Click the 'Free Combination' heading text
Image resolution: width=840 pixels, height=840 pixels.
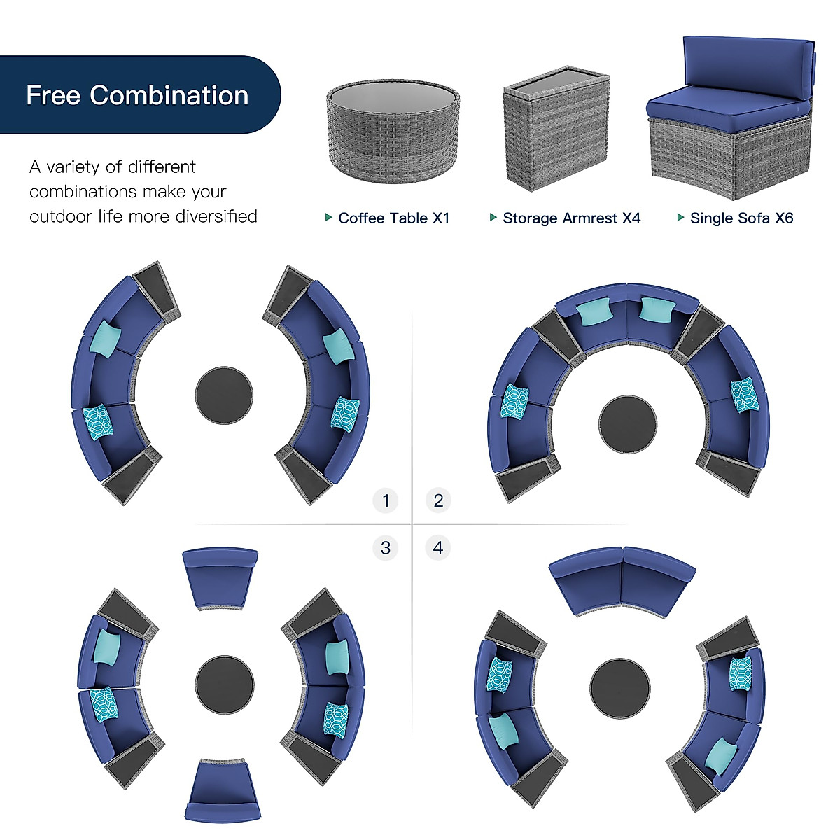pos(137,95)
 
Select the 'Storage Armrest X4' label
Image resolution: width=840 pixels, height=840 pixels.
pos(571,218)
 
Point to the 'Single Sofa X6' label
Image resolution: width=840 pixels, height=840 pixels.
pos(741,218)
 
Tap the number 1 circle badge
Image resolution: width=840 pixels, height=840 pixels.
pos(386,500)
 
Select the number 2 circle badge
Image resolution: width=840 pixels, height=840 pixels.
pos(438,500)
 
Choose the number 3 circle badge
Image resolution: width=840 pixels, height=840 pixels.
pos(386,547)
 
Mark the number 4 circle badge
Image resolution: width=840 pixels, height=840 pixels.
pos(438,547)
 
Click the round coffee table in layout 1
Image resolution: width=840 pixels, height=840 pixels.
pos(224,395)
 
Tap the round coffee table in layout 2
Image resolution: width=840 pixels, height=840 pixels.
pos(628,424)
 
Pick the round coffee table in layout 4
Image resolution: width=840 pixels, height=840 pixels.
pos(619,687)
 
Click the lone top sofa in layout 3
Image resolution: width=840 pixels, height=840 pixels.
pos(220,577)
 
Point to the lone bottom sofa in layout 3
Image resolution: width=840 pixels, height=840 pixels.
pos(223,790)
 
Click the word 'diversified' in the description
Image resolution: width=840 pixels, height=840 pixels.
pos(216,216)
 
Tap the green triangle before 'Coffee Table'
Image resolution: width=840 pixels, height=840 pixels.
pos(329,218)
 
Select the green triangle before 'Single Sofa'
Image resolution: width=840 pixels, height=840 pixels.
pos(680,218)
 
